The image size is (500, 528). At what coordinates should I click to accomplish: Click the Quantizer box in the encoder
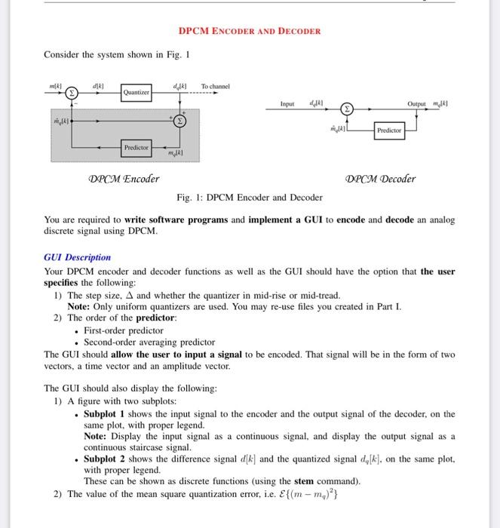tap(137, 93)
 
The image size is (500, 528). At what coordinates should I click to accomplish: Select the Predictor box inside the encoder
tap(137, 147)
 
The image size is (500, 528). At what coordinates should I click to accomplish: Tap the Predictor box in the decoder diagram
tap(389, 130)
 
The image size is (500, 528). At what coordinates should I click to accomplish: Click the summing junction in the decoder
tap(348, 109)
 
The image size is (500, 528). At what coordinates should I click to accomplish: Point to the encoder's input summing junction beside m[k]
tap(73, 93)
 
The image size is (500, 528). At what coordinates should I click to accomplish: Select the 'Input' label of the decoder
tap(287, 103)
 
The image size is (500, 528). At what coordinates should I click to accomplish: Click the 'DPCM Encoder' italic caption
tap(124, 179)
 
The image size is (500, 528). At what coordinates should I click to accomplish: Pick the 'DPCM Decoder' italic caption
tap(380, 179)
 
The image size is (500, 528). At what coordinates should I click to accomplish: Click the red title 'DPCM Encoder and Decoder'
tap(250, 31)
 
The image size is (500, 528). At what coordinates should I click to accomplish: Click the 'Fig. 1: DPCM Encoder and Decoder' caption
tap(250, 198)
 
